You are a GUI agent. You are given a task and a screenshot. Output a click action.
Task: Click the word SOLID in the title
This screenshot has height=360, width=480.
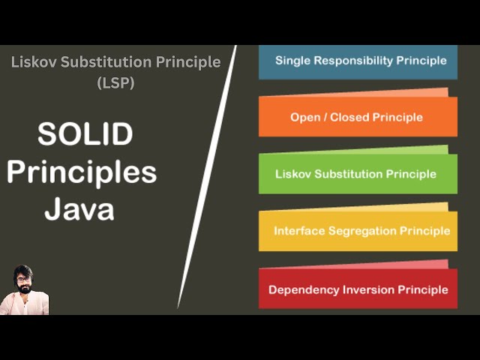click(85, 135)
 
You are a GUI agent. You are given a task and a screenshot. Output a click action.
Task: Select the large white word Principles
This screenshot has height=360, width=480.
click(82, 172)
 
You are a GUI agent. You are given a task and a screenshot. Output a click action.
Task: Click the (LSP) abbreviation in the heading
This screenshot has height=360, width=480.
click(115, 82)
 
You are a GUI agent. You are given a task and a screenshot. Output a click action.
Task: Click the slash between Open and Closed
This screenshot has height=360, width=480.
click(328, 117)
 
